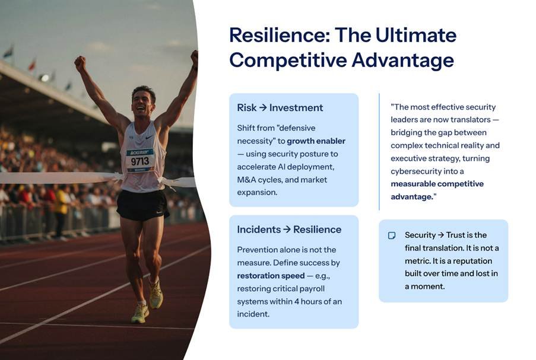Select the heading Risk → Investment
tap(280, 107)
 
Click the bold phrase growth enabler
tap(316, 141)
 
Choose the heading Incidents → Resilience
tap(289, 229)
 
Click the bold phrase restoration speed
tap(271, 276)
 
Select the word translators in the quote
tap(470, 120)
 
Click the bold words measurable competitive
tap(437, 184)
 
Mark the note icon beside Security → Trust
tap(392, 235)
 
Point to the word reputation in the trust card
tap(472, 262)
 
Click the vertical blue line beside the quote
tap(379, 152)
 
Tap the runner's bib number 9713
tap(140, 161)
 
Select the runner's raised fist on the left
tap(80, 63)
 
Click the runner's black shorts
tap(142, 205)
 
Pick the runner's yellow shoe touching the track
tap(140, 313)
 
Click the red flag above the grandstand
tap(32, 64)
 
